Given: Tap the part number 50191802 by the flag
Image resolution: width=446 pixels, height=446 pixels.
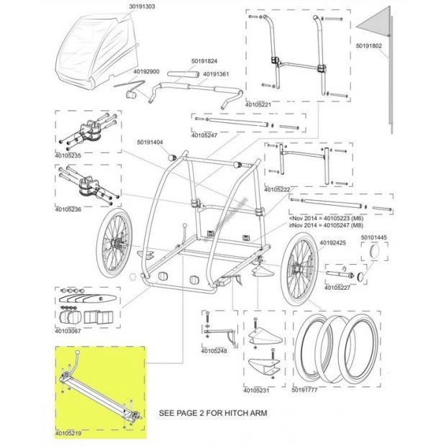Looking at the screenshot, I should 373,45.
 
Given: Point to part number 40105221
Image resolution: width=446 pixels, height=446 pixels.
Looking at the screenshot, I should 260,105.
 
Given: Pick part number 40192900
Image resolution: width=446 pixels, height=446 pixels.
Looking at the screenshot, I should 146,72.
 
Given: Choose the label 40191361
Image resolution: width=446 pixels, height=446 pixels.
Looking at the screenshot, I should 216,74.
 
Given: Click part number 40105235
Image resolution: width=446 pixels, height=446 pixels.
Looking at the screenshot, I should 69,155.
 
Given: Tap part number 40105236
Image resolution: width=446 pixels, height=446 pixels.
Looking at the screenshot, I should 69,209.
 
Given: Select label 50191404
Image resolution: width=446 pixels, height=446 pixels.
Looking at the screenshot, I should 152,142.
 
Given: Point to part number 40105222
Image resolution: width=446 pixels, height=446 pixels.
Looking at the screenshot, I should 278,189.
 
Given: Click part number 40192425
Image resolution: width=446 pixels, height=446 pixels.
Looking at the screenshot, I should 332,243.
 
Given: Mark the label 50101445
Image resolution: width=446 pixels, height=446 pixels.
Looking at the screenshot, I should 373,237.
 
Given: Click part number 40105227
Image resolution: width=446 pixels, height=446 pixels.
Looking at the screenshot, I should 337,288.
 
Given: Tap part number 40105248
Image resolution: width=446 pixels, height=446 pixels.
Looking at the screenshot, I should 214,352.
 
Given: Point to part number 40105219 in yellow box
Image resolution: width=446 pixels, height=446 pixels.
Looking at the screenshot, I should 68,433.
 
